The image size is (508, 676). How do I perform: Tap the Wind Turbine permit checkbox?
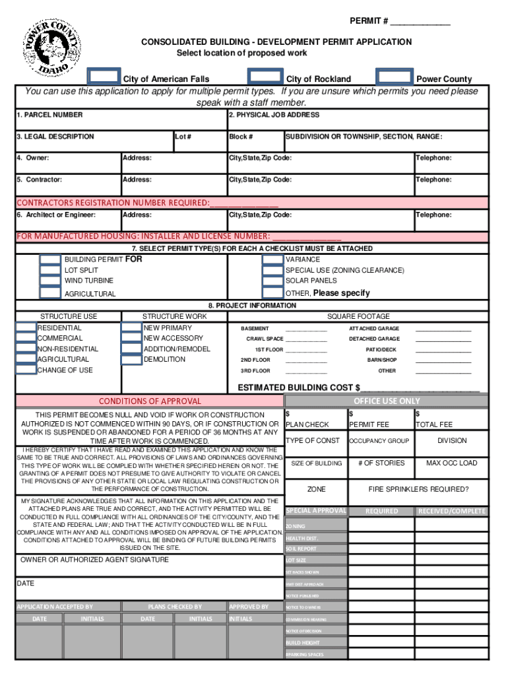pyautogui.click(x=50, y=281)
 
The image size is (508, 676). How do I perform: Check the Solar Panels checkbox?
pyautogui.click(x=272, y=281)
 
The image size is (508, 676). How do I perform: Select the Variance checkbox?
pyautogui.click(x=272, y=259)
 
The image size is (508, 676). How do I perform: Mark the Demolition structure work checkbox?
pyautogui.click(x=131, y=359)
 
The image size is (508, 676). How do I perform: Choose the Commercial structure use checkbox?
pyautogui.click(x=26, y=338)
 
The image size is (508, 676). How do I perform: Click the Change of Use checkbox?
pyautogui.click(x=26, y=370)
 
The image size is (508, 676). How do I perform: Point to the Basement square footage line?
pyautogui.click(x=305, y=329)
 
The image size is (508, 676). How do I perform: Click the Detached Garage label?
pyautogui.click(x=374, y=339)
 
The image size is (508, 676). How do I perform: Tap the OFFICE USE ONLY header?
pyautogui.click(x=387, y=401)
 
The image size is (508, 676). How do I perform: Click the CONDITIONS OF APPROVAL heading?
pyautogui.click(x=150, y=401)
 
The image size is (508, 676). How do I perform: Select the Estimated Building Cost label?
pyautogui.click(x=298, y=388)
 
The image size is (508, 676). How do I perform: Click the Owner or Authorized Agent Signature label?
pyautogui.click(x=94, y=559)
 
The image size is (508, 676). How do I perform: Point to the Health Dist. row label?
pyautogui.click(x=302, y=538)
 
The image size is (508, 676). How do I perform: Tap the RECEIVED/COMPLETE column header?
pyautogui.click(x=451, y=511)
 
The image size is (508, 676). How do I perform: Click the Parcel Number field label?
pyautogui.click(x=49, y=115)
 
